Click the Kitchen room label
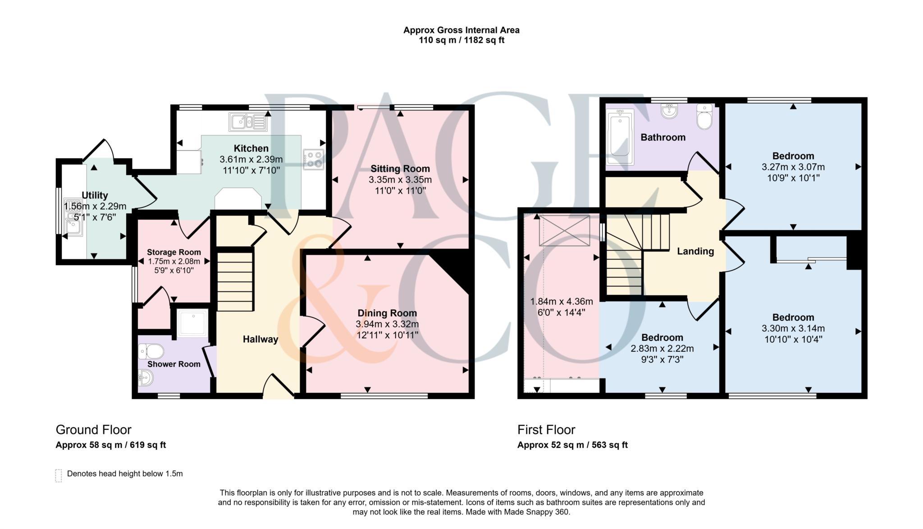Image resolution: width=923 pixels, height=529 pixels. (251, 148)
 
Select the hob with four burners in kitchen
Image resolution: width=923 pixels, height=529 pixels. (314, 159)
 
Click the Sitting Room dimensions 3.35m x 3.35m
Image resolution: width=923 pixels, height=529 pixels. (400, 180)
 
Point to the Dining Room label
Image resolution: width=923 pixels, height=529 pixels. (387, 313)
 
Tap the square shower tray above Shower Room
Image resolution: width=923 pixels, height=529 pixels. (192, 323)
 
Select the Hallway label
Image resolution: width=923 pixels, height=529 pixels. (260, 340)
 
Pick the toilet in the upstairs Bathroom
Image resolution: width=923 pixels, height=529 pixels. (704, 117)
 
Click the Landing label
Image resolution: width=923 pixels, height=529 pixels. (695, 252)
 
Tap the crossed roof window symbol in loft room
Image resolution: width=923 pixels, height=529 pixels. (564, 230)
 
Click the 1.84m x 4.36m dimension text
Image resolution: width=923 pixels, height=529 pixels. (561, 302)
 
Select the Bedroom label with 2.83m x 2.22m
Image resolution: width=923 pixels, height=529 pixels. (662, 338)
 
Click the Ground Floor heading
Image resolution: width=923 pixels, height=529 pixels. (93, 430)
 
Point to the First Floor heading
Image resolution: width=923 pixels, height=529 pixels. (546, 430)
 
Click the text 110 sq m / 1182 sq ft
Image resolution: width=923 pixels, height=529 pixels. (461, 41)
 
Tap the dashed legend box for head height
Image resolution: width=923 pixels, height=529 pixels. (59, 475)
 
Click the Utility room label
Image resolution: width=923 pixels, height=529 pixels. (95, 195)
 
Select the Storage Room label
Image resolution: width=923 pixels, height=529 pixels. (174, 253)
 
